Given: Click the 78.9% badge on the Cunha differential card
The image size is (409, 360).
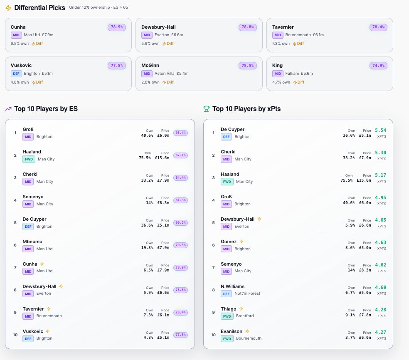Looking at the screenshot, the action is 117,27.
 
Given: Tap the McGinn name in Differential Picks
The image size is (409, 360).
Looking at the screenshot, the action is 150,65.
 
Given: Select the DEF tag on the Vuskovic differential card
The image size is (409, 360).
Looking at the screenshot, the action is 16,74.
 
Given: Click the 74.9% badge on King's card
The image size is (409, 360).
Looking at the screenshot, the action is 378,66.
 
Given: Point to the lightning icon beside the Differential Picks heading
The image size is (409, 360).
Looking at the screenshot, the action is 8,8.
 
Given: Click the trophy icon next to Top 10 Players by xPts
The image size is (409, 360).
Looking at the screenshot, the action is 206,109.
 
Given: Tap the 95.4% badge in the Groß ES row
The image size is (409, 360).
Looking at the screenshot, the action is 180,133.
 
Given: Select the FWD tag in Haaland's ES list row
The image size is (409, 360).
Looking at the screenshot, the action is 29,159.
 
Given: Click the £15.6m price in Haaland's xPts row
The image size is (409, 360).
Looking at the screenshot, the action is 364,180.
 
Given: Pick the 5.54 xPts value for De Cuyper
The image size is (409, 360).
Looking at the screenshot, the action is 380,130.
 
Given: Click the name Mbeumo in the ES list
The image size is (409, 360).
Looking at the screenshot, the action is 32,242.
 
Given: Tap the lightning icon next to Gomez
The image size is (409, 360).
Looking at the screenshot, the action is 241,241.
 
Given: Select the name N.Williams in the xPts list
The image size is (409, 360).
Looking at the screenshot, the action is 233,286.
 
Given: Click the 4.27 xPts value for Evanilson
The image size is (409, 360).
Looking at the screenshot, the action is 380,332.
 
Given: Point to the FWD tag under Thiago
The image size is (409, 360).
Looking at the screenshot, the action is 227,316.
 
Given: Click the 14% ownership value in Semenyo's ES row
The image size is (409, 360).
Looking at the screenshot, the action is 150,203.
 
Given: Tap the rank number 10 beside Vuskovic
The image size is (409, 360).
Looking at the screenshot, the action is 15,335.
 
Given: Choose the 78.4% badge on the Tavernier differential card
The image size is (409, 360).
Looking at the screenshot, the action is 378,27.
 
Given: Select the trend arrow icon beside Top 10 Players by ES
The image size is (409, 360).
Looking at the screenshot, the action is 8,109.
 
